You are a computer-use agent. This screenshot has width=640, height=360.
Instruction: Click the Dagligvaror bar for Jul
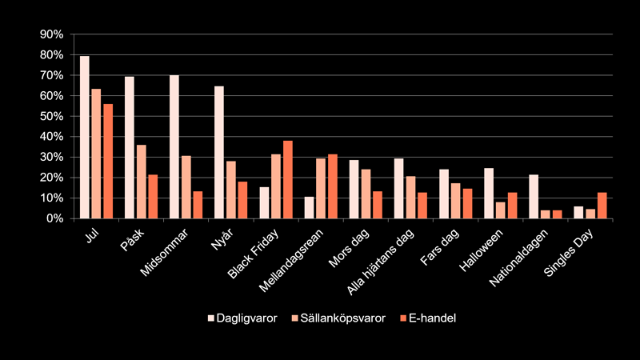[x=84, y=137]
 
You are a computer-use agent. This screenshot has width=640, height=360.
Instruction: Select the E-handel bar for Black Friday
[x=287, y=179]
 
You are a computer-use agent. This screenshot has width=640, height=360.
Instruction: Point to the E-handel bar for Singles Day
[x=602, y=206]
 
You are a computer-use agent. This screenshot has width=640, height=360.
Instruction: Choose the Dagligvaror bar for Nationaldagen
[x=534, y=197]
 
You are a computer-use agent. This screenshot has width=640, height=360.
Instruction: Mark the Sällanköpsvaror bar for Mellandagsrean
[x=321, y=188]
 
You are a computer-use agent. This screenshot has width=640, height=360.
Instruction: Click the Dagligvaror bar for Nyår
[x=219, y=152]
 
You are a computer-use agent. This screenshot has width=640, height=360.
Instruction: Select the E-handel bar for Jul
[x=107, y=161]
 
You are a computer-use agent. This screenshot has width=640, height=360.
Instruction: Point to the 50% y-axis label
[x=51, y=116]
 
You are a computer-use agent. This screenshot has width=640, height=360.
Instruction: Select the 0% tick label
[x=54, y=218]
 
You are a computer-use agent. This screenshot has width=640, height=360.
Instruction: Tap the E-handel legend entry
[x=430, y=318]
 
